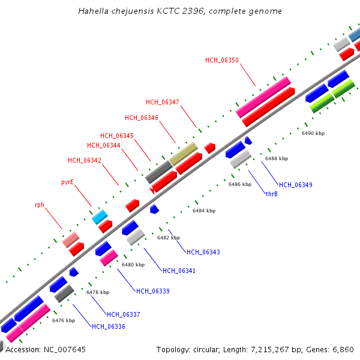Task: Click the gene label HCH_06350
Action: [222, 60]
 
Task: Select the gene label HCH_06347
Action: [162, 102]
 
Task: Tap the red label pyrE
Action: [67, 182]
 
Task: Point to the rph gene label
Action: [40, 205]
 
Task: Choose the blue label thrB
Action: [271, 194]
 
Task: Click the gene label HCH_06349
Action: [295, 185]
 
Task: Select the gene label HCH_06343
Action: [203, 252]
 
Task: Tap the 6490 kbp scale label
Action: [313, 133]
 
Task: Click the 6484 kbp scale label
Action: [203, 211]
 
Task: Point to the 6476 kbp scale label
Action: [63, 320]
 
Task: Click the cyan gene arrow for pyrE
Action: [100, 217]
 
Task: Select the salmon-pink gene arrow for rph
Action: [71, 239]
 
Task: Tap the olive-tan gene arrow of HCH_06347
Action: [183, 154]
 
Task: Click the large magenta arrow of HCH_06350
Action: [263, 97]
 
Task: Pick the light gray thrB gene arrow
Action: [240, 159]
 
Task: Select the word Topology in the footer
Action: [173, 349]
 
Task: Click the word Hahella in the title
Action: [92, 11]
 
